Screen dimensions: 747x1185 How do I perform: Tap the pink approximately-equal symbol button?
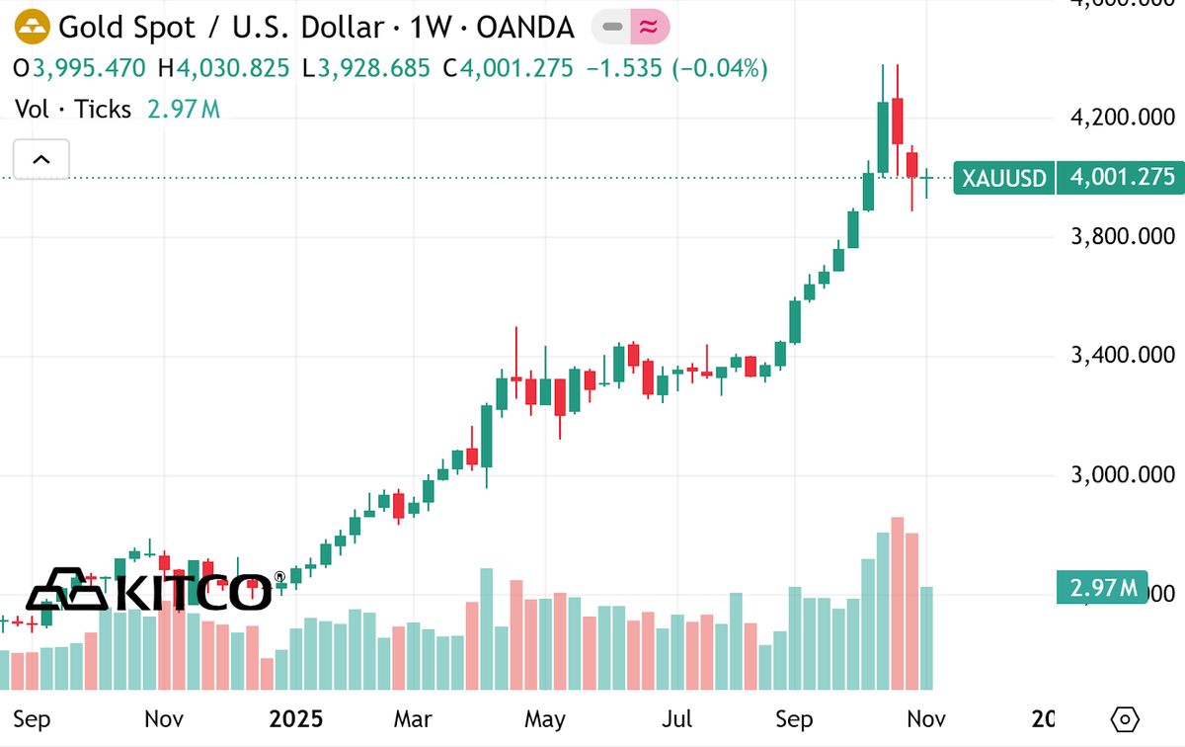coord(649,28)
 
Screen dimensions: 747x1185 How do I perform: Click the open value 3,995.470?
coord(89,68)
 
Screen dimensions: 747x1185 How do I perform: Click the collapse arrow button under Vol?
coord(41,158)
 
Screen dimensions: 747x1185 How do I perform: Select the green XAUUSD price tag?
coord(1003,178)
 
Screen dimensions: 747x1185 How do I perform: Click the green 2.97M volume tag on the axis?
coord(1102,589)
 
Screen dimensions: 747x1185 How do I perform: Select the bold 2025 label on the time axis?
coord(296,718)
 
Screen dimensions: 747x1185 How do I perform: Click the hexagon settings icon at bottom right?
coord(1125,718)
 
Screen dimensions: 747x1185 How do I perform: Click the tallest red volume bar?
coord(898,603)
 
